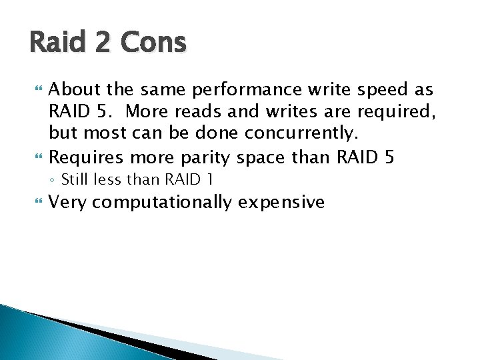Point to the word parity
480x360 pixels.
[x=200, y=158]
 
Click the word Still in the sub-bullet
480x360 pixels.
[x=75, y=179]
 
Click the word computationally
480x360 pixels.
[x=167, y=202]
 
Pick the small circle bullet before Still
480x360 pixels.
[x=53, y=180]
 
